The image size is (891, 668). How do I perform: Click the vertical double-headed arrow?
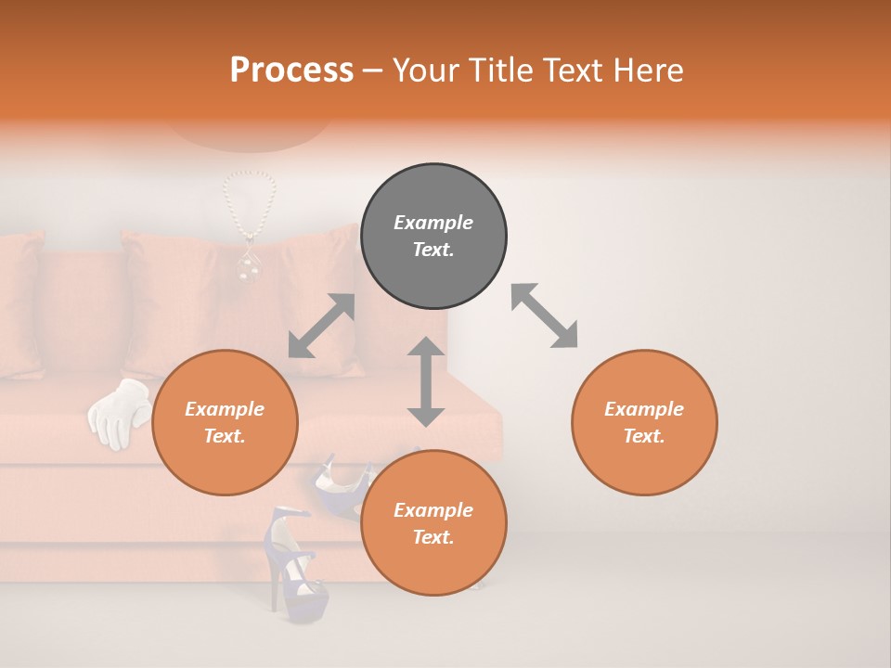(426, 381)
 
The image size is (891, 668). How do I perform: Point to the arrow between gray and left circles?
(321, 326)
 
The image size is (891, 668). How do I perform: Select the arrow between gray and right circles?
(544, 315)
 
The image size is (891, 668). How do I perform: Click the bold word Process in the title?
(291, 70)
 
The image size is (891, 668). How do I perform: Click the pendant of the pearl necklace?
(246, 264)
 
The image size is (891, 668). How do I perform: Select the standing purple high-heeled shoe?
(295, 566)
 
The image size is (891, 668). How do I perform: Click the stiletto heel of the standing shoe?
(274, 584)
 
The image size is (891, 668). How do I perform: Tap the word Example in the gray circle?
(433, 223)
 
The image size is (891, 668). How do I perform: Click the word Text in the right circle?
(644, 436)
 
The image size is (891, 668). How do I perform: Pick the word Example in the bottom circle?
(433, 510)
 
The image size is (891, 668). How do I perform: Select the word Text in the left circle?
(225, 436)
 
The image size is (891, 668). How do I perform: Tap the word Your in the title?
(428, 70)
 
